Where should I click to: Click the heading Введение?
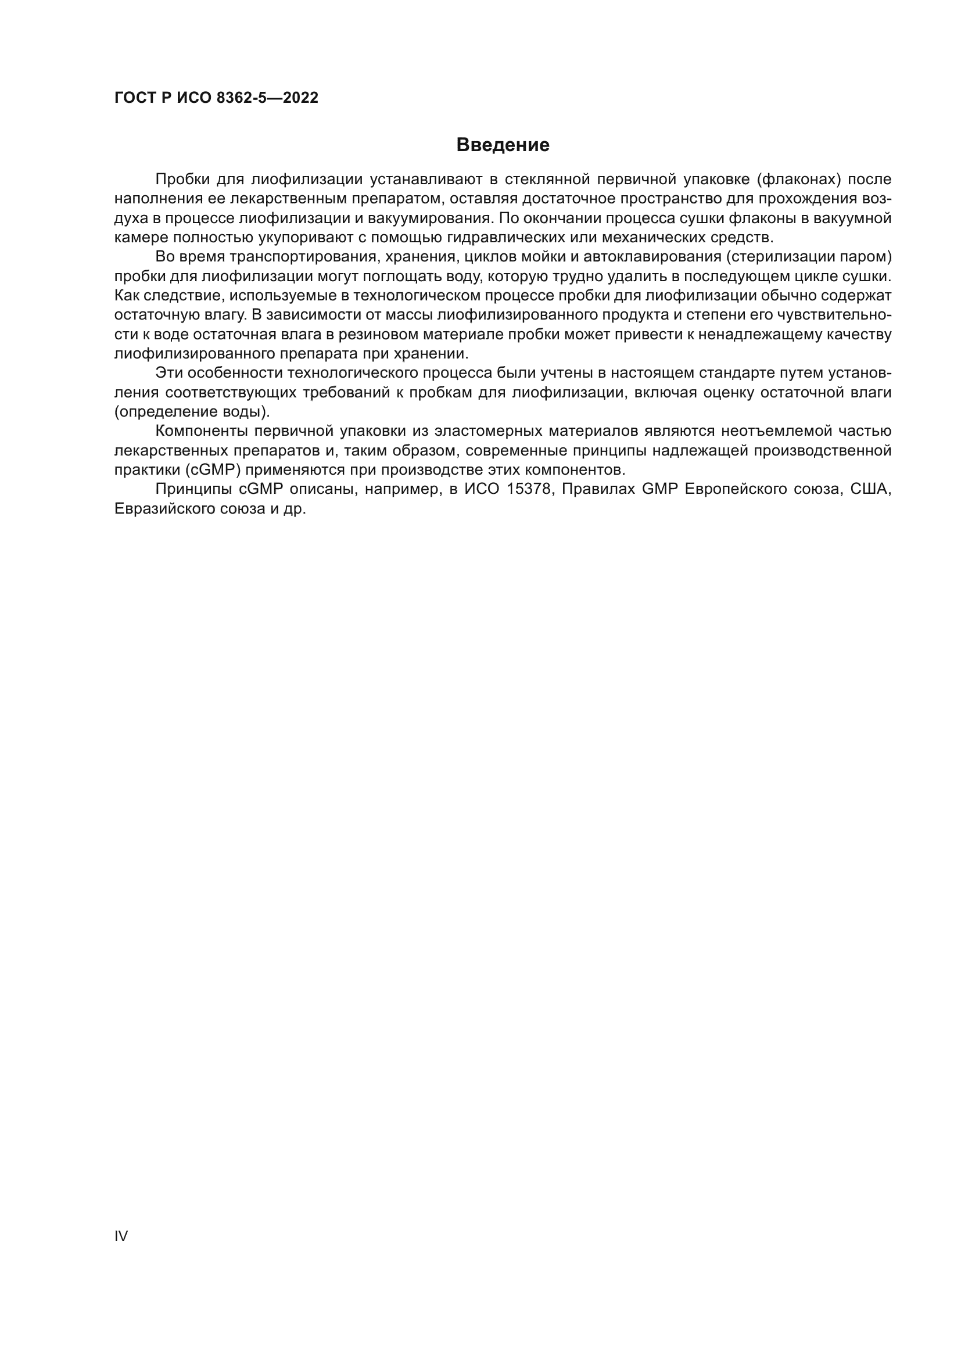[503, 145]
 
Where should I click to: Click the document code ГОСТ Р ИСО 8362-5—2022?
[216, 98]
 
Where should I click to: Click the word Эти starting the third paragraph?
[168, 373]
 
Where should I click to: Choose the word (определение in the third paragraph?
[162, 412]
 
